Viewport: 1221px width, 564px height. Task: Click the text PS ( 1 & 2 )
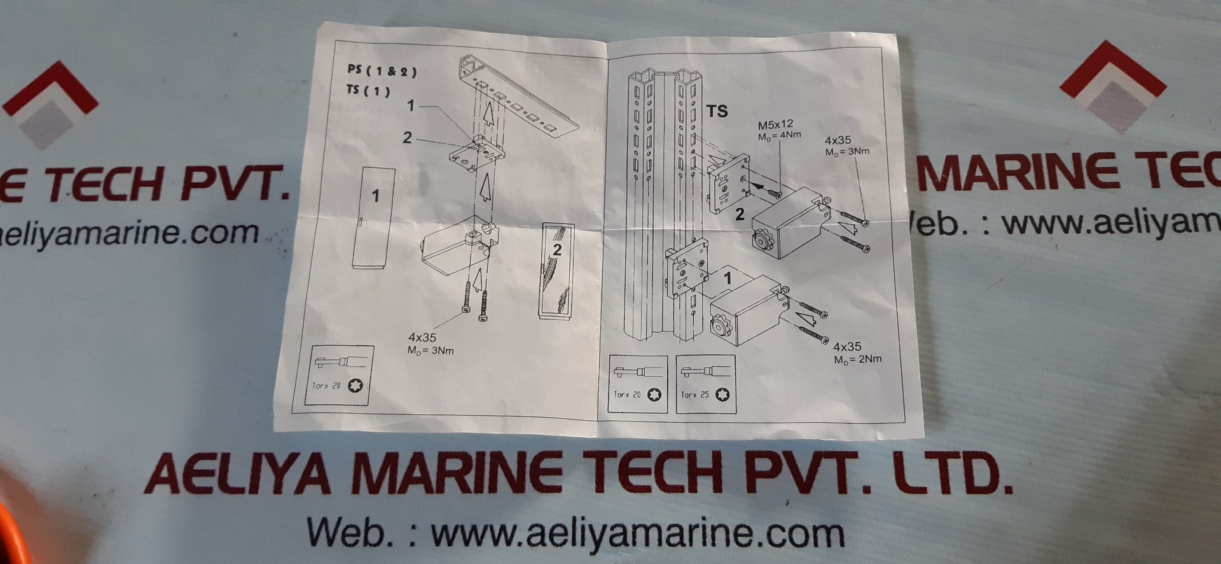(x=382, y=70)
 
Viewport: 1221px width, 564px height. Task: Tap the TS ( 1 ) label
(x=368, y=90)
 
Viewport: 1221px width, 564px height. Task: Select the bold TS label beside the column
(x=717, y=111)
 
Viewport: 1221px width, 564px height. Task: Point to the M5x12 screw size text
(x=775, y=125)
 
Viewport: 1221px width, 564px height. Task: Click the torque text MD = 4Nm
(x=779, y=136)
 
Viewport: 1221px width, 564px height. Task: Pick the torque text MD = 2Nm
(x=858, y=360)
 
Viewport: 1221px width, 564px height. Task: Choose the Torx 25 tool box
(x=706, y=384)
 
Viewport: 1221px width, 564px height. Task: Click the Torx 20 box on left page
(x=339, y=376)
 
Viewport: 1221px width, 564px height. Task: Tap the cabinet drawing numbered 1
(x=373, y=218)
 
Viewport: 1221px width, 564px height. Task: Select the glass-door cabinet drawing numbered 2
(x=556, y=271)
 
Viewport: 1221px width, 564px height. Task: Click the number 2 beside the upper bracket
(x=740, y=215)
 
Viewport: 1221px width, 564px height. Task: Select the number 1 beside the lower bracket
(x=728, y=278)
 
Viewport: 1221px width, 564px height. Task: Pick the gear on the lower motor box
(x=721, y=325)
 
